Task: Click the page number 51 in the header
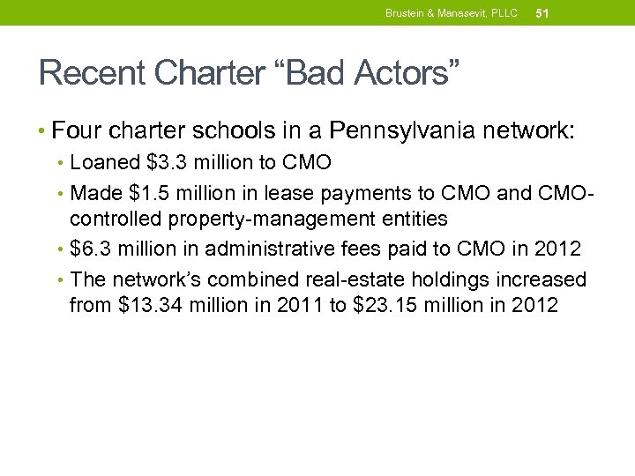coord(542,13)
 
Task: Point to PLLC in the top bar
coord(503,13)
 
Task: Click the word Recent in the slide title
coord(86,72)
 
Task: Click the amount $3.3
coord(163,163)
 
